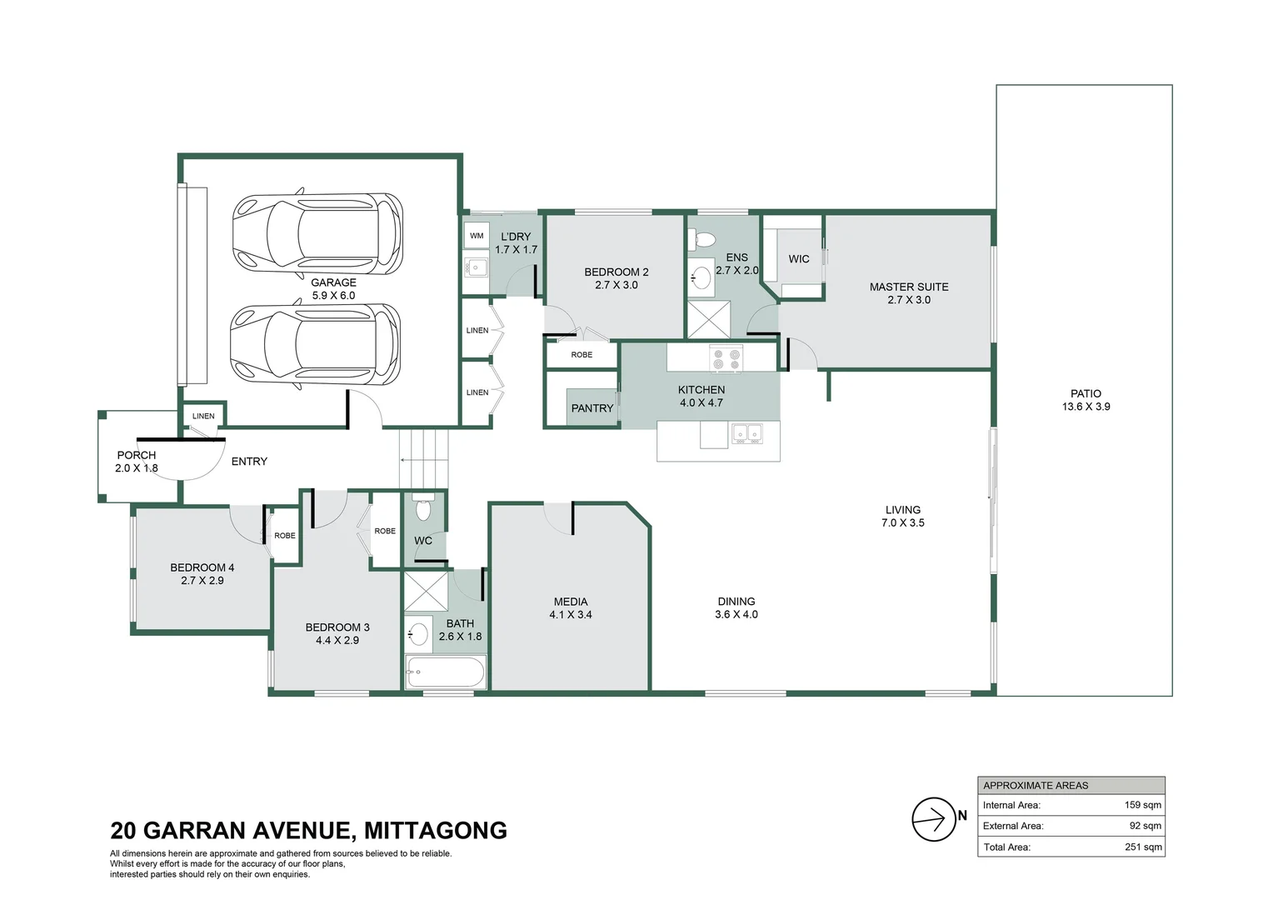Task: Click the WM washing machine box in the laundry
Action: [x=477, y=236]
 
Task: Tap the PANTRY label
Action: [x=592, y=408]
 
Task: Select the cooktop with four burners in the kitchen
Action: [x=725, y=359]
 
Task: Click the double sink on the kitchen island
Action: [x=746, y=433]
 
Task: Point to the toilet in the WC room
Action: [x=423, y=507]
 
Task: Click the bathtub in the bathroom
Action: [x=445, y=672]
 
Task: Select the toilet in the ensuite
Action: [x=703, y=241]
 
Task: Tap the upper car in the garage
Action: [x=317, y=231]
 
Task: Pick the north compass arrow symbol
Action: [x=934, y=819]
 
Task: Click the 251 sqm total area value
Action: [x=1142, y=847]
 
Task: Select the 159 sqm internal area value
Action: [x=1142, y=805]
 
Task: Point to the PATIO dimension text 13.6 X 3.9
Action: [x=1086, y=407]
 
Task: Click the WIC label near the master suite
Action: [x=798, y=259]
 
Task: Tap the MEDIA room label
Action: [x=570, y=602]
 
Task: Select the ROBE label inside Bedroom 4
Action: [x=284, y=536]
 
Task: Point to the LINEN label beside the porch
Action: [x=203, y=416]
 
